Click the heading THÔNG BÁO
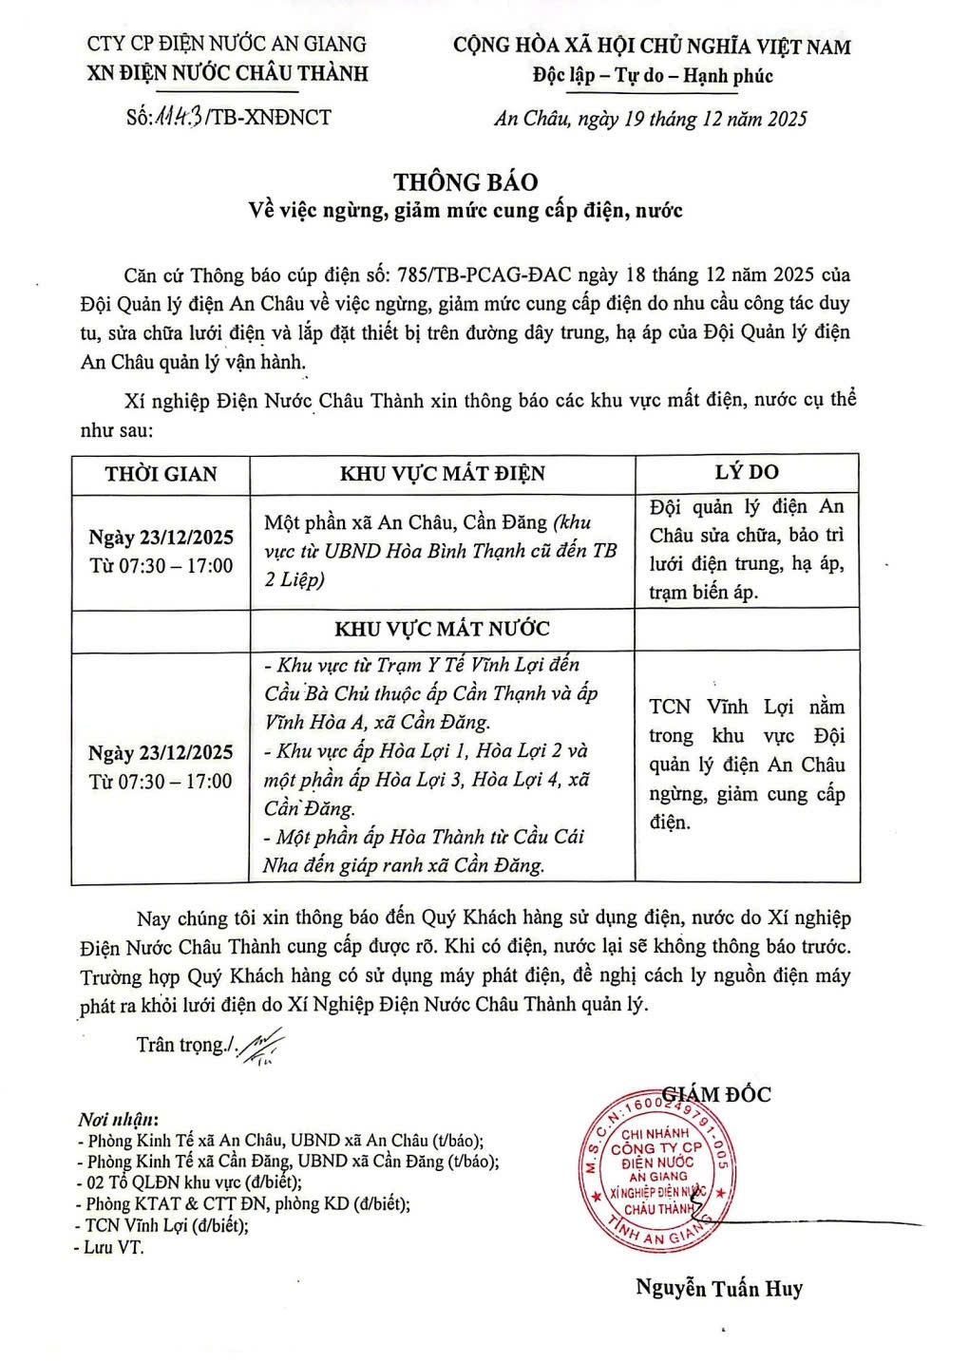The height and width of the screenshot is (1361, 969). pos(465,182)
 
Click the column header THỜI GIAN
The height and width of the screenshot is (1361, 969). pos(161,474)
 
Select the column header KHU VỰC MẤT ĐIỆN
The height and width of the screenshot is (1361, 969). pos(443,474)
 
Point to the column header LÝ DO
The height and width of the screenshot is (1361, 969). pos(747,472)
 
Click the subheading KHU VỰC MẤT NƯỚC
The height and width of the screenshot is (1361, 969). pos(442,629)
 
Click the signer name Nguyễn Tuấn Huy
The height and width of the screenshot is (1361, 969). pos(719,1288)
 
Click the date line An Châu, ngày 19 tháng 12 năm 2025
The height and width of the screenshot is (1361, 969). pos(651,119)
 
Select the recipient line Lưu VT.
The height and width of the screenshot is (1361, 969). pos(113,1248)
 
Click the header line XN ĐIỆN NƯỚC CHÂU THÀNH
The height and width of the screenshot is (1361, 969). pos(226,74)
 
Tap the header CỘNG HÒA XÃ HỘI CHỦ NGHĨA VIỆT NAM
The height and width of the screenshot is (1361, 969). pos(652,47)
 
